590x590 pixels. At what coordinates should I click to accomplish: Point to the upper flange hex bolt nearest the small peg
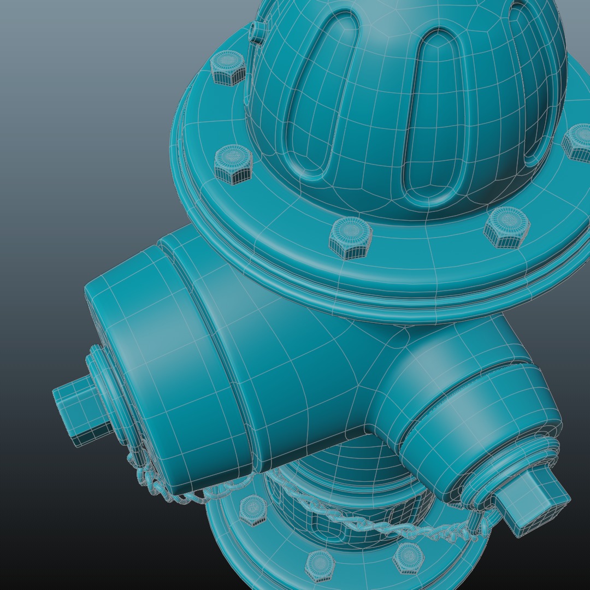[x=228, y=67]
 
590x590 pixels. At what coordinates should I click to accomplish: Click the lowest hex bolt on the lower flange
[x=320, y=566]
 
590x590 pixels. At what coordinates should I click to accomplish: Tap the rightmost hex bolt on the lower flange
[x=409, y=557]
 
